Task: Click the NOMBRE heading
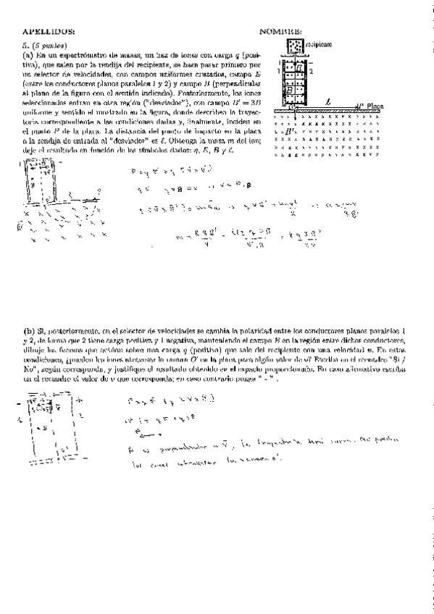pyautogui.click(x=281, y=32)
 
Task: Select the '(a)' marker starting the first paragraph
pyautogui.click(x=28, y=55)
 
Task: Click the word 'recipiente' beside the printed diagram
pyautogui.click(x=320, y=44)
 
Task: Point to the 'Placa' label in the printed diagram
pyautogui.click(x=375, y=105)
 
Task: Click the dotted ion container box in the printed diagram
pyautogui.click(x=295, y=46)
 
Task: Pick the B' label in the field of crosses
pyautogui.click(x=290, y=133)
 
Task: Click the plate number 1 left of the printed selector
pyautogui.click(x=279, y=72)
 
